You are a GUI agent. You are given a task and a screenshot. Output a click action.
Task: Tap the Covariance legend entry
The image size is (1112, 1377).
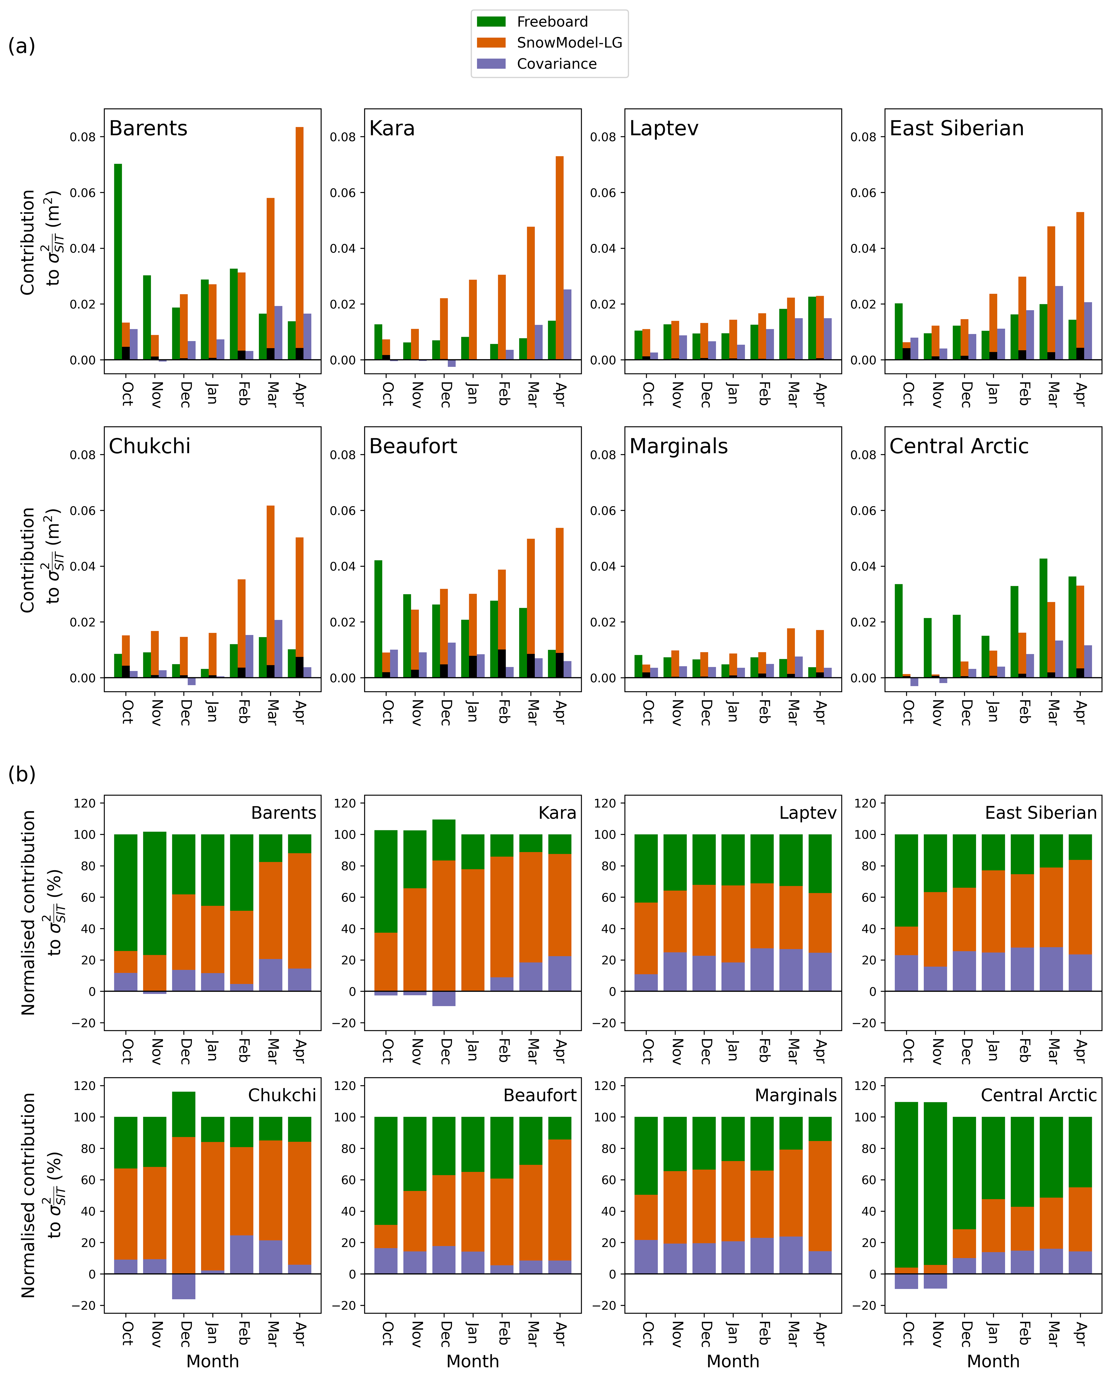556,64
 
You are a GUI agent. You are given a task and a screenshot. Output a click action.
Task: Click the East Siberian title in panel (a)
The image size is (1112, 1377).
956,129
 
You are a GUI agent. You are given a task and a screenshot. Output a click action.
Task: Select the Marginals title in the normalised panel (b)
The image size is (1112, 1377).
795,1095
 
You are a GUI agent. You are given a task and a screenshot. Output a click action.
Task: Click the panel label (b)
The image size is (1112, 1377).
22,775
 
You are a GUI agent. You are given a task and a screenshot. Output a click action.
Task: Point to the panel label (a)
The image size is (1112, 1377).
22,46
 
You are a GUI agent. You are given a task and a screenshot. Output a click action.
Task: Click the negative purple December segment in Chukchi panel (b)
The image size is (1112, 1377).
184,1286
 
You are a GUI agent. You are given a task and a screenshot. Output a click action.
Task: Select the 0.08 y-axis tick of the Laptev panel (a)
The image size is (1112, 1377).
603,137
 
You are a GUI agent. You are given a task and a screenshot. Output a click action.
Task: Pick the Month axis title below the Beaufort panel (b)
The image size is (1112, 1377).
473,1361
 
